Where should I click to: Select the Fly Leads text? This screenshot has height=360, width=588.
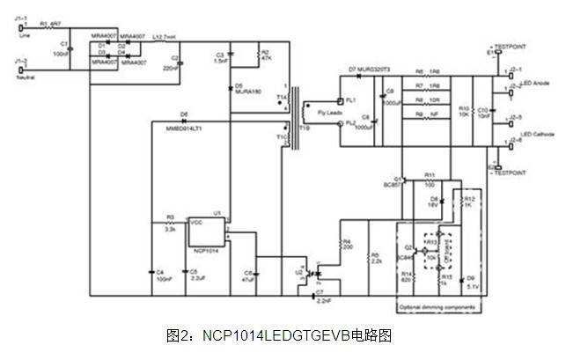[x=316, y=113]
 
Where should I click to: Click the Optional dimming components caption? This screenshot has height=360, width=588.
[x=437, y=306]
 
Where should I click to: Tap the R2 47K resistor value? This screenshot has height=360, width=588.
[x=263, y=56]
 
